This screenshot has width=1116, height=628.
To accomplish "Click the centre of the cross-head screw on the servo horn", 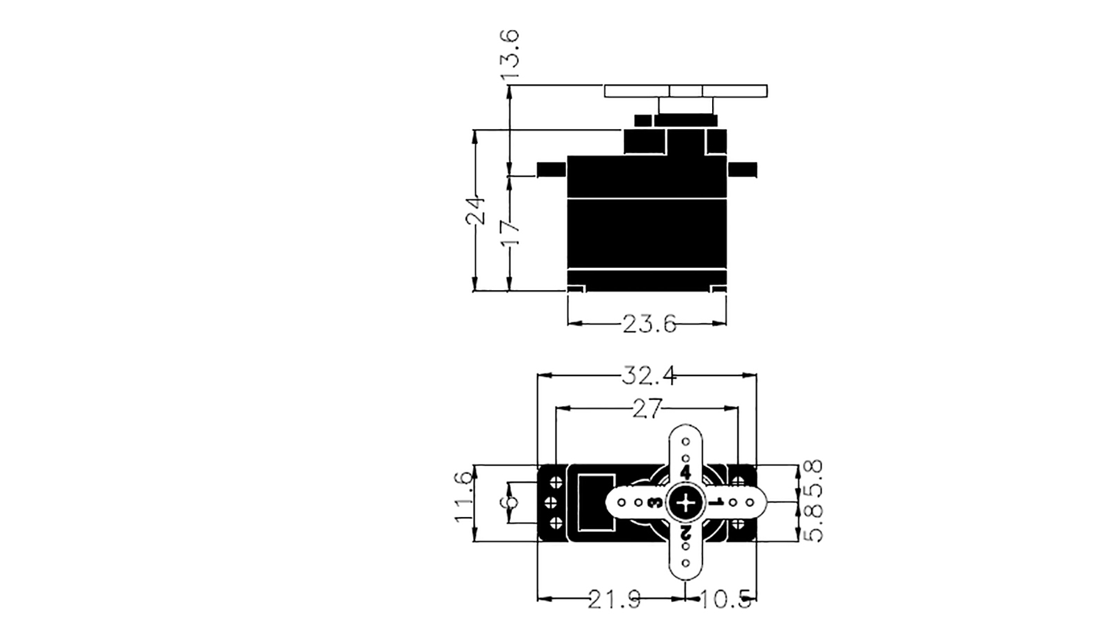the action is pyautogui.click(x=686, y=502).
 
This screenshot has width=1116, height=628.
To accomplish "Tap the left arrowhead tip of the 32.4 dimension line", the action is pyautogui.click(x=538, y=375).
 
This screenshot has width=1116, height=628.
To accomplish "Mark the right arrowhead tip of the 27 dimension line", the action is pyautogui.click(x=738, y=408).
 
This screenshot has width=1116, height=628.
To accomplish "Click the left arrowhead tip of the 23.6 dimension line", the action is pyautogui.click(x=568, y=324).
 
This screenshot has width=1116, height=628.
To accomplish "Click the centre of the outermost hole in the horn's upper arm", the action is pyautogui.click(x=686, y=442).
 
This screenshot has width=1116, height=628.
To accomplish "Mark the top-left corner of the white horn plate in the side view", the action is pyautogui.click(x=605, y=85).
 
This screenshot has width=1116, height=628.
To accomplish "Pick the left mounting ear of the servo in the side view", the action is pyautogui.click(x=552, y=170).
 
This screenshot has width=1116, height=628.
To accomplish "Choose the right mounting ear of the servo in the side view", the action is pyautogui.click(x=742, y=170).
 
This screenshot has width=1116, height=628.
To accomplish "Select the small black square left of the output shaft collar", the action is pyautogui.click(x=642, y=121).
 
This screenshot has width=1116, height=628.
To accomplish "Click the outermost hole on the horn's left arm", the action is pyautogui.click(x=621, y=502).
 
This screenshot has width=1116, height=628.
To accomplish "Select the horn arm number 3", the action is pyautogui.click(x=655, y=503).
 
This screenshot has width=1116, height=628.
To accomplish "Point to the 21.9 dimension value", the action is pyautogui.click(x=614, y=599).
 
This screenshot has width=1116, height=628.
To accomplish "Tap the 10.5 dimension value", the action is pyautogui.click(x=726, y=599).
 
